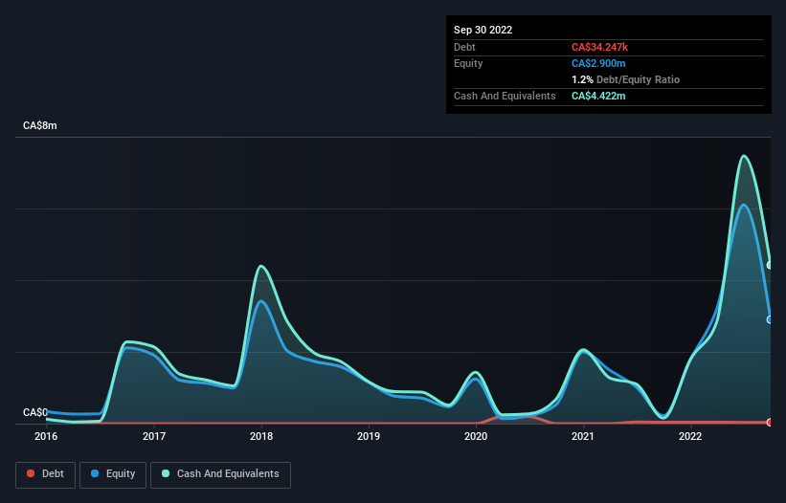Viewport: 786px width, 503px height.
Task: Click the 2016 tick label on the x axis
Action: pyautogui.click(x=46, y=437)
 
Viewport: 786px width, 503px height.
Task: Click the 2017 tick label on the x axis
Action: pyautogui.click(x=154, y=437)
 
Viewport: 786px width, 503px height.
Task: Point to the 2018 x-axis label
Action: pyautogui.click(x=261, y=437)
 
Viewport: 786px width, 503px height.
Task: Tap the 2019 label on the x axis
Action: pyautogui.click(x=369, y=437)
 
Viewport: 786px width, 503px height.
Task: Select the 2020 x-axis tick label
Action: pyautogui.click(x=476, y=437)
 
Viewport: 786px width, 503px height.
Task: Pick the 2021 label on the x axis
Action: pyautogui.click(x=583, y=437)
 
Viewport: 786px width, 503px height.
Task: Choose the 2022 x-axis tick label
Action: pyautogui.click(x=690, y=437)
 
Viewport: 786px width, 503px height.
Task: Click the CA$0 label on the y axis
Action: pyautogui.click(x=35, y=412)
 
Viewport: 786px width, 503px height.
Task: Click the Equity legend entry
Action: pyautogui.click(x=113, y=473)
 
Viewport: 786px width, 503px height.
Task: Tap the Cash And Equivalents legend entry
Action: pyautogui.click(x=220, y=473)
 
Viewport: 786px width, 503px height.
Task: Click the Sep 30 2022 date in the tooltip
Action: pyautogui.click(x=483, y=30)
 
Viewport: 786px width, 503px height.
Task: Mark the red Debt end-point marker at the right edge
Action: pyautogui.click(x=770, y=422)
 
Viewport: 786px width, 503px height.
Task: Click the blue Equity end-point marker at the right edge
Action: pyautogui.click(x=770, y=319)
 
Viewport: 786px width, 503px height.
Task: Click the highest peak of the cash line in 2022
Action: pyautogui.click(x=744, y=156)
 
